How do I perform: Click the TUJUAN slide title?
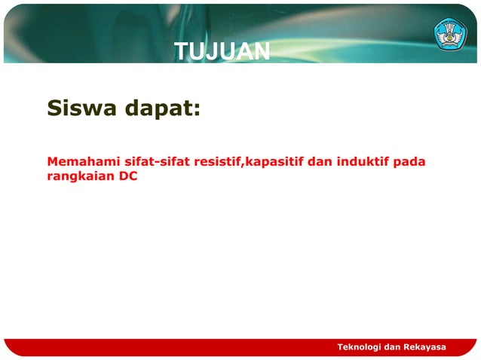222,51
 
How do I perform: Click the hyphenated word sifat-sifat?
156,161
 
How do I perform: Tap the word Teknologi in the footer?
359,346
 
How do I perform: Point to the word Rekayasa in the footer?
424,346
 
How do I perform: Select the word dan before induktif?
320,161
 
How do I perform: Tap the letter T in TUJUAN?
181,51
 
